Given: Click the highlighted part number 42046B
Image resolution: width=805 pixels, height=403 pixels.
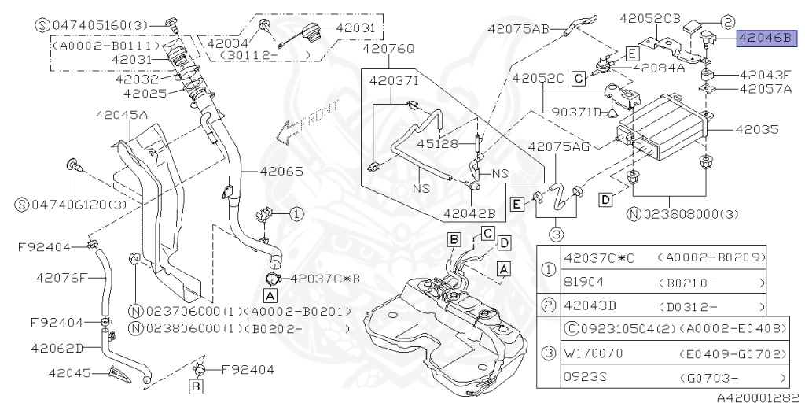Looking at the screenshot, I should coord(767,36).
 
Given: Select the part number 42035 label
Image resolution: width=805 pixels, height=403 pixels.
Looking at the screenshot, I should coord(762,127).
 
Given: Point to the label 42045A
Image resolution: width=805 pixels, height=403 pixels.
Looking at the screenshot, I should coord(122,115).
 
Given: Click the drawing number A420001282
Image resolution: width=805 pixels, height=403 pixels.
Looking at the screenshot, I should coord(759,397).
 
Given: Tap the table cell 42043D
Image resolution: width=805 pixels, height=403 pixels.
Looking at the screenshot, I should coord(590,306).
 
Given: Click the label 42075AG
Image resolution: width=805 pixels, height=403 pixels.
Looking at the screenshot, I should coord(559,147).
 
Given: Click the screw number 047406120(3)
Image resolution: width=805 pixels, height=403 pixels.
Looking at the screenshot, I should coord(64,205).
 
